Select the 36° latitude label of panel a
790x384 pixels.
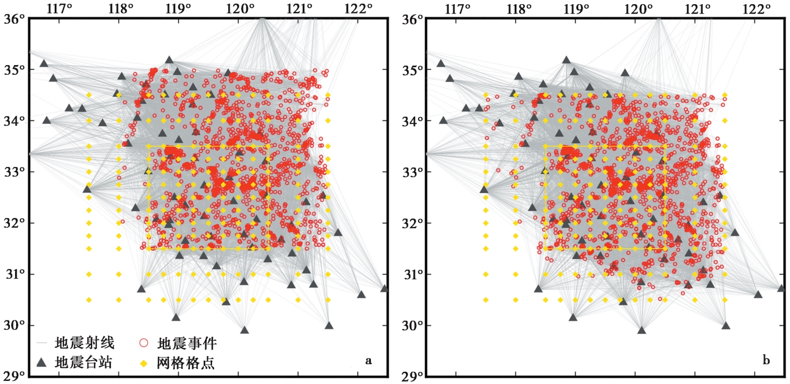(x=13, y=19)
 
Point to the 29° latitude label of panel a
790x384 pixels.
(x=13, y=376)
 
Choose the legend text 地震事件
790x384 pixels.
(x=187, y=343)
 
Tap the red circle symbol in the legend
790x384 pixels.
(x=144, y=343)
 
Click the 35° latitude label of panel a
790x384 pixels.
(x=13, y=70)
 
